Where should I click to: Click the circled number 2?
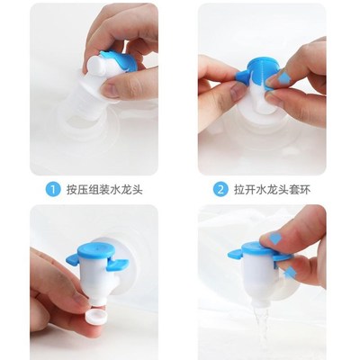click(220, 190)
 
